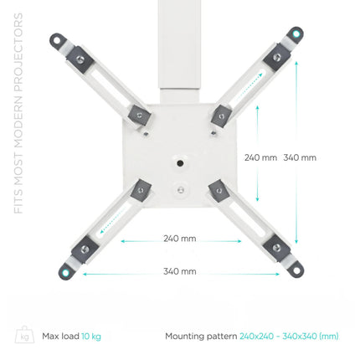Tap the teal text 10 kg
91,337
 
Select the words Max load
60,336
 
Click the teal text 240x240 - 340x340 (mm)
289,337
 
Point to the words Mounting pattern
201,337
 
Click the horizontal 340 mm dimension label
180,271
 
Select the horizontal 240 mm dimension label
180,239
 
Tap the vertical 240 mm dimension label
260,157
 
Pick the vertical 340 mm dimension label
300,157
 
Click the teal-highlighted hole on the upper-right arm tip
296,34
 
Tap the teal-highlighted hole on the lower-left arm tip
65,272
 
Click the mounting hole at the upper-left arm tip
57,40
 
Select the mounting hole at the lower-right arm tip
296,270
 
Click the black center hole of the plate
180,162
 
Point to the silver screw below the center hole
181,190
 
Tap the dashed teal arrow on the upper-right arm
249,84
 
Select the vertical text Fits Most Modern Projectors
18,114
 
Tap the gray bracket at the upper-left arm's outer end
80,59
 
